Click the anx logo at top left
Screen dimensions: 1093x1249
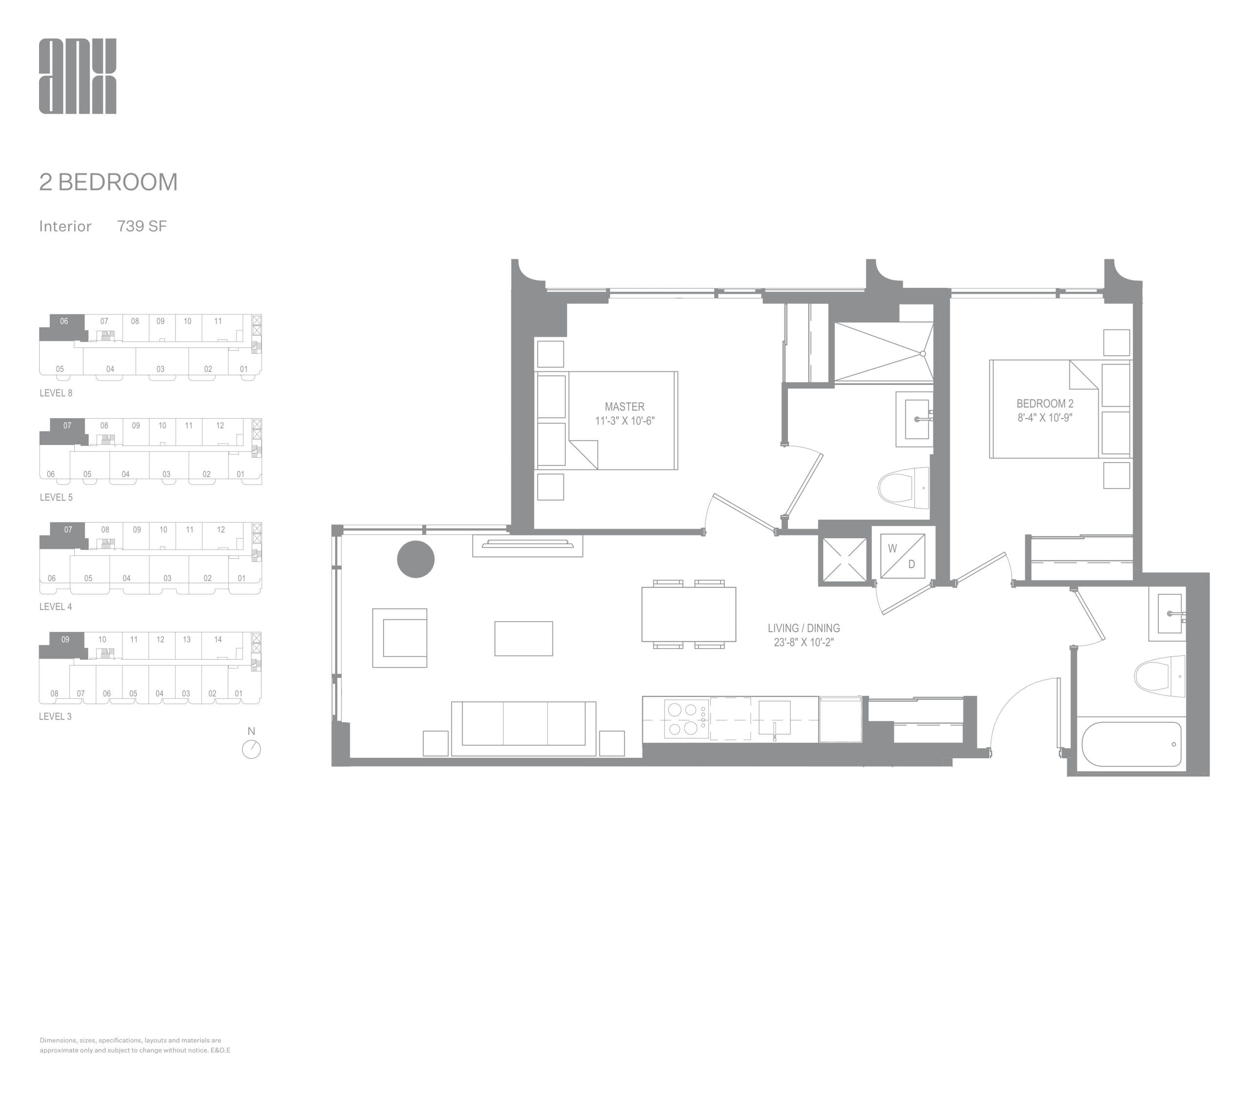78,76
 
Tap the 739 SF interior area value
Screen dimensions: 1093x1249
141,226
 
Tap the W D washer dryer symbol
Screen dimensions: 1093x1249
902,556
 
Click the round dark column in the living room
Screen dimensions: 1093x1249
415,559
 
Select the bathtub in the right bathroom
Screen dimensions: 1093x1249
1131,744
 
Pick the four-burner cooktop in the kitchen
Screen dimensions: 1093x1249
683,719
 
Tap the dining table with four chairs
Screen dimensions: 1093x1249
688,614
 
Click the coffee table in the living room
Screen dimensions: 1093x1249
523,638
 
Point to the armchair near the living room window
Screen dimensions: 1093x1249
400,637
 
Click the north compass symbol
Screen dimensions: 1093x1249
251,749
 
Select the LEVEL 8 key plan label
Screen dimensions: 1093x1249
56,393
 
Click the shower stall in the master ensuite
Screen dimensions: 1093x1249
883,352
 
